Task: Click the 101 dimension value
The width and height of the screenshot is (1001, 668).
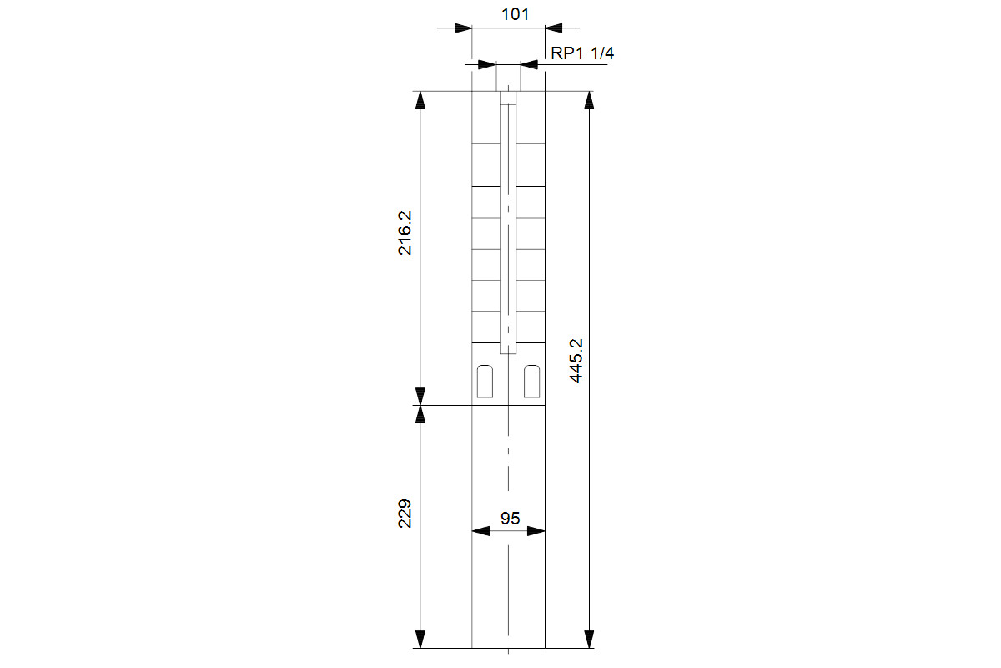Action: [x=515, y=14]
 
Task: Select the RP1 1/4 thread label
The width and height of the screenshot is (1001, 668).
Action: [x=582, y=53]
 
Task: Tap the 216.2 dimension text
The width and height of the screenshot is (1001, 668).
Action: [x=405, y=233]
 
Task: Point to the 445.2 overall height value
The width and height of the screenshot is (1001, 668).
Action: [x=576, y=361]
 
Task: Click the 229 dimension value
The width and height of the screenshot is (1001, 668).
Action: [x=405, y=514]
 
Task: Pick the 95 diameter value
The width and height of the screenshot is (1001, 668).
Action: [x=510, y=518]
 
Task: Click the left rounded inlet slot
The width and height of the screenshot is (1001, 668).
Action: [x=485, y=382]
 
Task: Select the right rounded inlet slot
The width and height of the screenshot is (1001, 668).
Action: [x=532, y=382]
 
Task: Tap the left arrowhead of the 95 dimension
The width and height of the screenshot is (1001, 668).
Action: [x=480, y=531]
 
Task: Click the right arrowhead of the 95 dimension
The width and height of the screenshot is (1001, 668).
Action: [x=536, y=531]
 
